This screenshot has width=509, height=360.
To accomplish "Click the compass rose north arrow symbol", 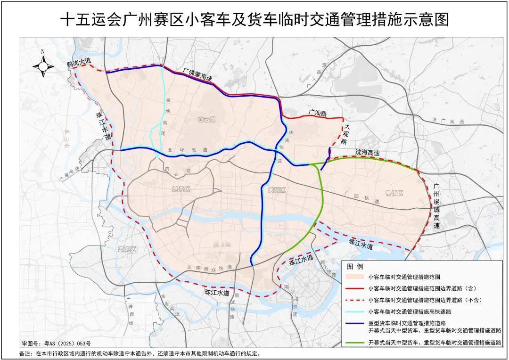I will pos(43,66).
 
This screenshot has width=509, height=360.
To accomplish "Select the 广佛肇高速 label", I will pos(198,74).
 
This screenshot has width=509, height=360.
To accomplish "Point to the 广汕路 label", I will pos(317,113).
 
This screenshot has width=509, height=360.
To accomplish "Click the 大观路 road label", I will pos(347,134).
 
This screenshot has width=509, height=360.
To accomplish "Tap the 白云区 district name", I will pos(207,121).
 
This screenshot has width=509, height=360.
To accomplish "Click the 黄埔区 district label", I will pos(395,194).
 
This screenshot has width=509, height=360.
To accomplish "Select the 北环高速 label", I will pos(186,150).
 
